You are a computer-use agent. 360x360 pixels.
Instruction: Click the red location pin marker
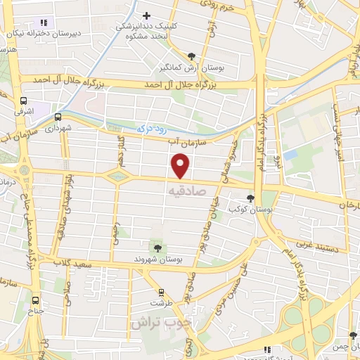tap(181, 166)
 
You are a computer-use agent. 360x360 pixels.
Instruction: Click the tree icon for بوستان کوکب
tap(251, 198)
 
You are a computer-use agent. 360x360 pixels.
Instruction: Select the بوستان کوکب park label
tap(243, 210)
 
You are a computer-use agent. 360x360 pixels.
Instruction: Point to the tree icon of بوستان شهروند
tap(157, 247)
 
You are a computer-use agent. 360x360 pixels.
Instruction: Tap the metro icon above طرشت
tap(162, 292)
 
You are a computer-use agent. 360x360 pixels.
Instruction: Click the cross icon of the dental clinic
tap(146, 15)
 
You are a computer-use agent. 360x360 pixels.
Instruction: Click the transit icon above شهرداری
tap(58, 117)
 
